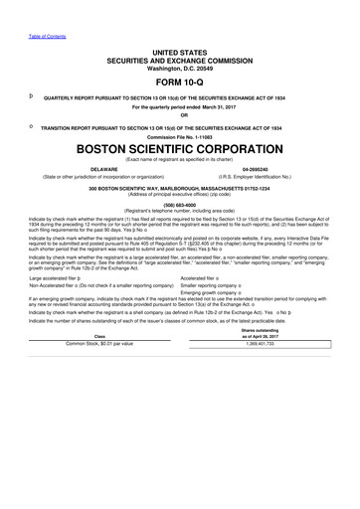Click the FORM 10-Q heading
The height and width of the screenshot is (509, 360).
pyautogui.click(x=179, y=84)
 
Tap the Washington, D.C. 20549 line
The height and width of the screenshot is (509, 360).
pyautogui.click(x=179, y=71)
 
